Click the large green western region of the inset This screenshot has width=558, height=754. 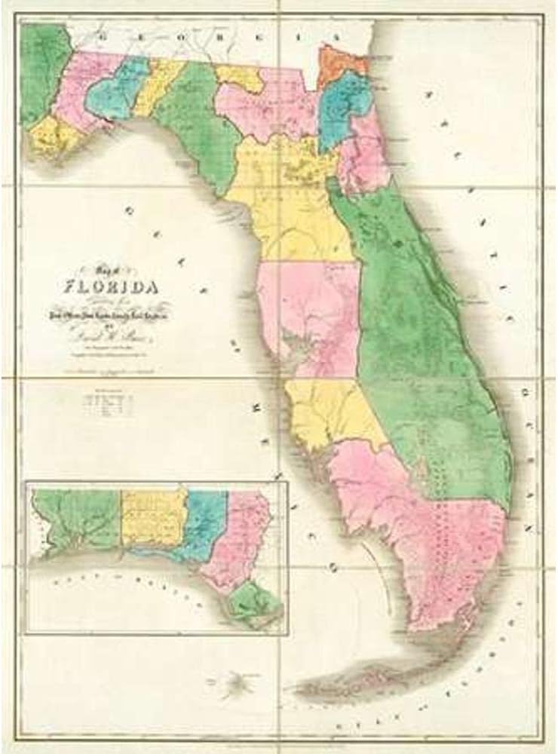click(x=75, y=520)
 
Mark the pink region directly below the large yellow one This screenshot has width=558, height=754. click(x=309, y=309)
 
